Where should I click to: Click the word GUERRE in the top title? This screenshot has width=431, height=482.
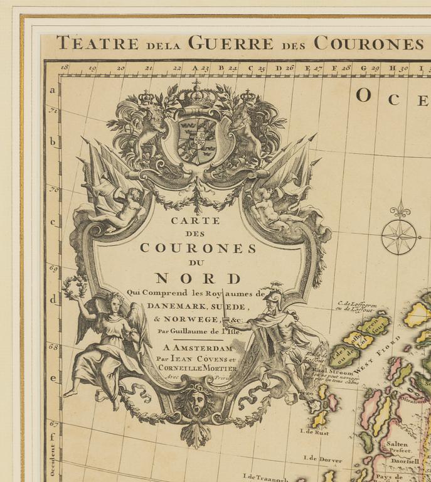pos(230,43)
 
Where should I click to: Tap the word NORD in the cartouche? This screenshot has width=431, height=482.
pos(198,278)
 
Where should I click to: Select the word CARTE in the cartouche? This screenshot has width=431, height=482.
pos(196,220)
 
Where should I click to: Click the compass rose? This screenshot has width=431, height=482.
pos(400,237)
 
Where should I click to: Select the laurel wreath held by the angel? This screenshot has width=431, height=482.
pos(74,287)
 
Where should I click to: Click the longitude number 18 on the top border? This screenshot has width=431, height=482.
pos(65,67)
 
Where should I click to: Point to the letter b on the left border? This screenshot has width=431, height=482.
pos(53,142)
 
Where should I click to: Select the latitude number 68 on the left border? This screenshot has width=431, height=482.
pos(53,346)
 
